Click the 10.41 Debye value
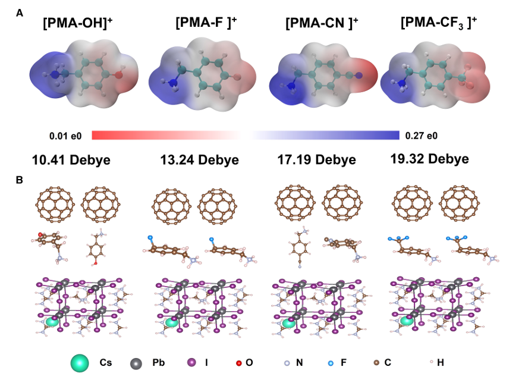point(71,160)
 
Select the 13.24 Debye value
point(199,160)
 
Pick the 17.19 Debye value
point(316,160)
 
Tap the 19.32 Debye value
point(429,159)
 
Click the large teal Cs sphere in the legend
point(80,362)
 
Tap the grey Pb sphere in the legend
point(137,362)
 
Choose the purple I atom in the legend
point(191,362)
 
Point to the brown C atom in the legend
point(376,362)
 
